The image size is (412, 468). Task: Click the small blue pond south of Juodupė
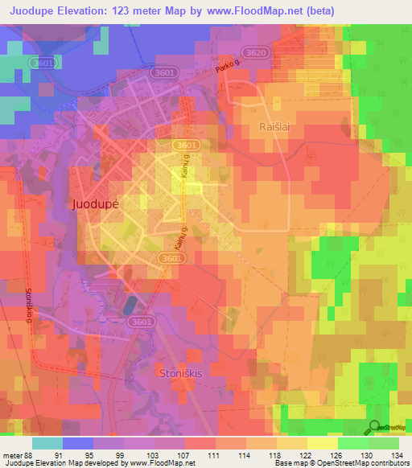click(x=130, y=306)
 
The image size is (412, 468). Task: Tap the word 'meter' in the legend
click(x=12, y=454)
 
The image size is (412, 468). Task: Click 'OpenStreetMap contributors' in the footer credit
click(x=367, y=463)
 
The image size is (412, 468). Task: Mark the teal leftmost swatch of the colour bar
click(x=47, y=443)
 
